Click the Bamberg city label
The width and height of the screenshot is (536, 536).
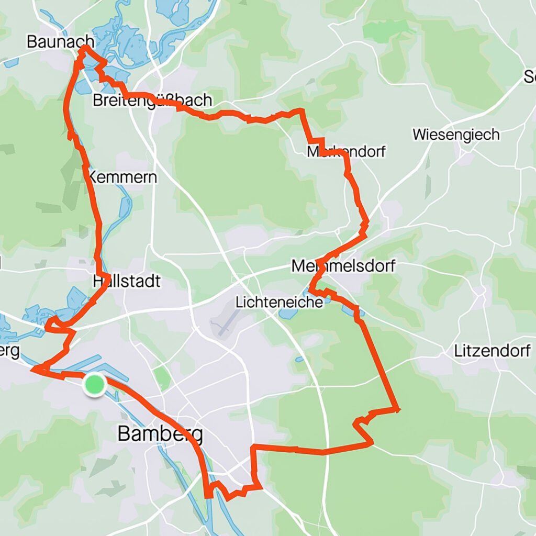pyautogui.click(x=160, y=434)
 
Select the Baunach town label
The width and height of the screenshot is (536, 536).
pyautogui.click(x=60, y=42)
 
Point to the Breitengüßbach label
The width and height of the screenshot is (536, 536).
pyautogui.click(x=152, y=100)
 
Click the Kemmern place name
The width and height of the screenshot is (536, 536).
pyautogui.click(x=122, y=177)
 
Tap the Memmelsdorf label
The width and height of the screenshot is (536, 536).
pyautogui.click(x=343, y=266)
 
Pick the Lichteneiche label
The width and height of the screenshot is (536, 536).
pyautogui.click(x=279, y=302)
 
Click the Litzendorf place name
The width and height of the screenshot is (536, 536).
pyautogui.click(x=492, y=350)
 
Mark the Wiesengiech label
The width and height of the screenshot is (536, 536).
pyautogui.click(x=456, y=135)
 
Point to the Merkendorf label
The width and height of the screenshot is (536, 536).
pyautogui.click(x=346, y=152)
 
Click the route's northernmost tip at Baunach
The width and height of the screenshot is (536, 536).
pyautogui.click(x=84, y=48)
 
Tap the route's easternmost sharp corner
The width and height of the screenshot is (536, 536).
pyautogui.click(x=398, y=409)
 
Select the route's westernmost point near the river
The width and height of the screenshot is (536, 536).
pyautogui.click(x=33, y=370)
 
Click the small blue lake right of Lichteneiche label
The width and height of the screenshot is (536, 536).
pyautogui.click(x=288, y=314)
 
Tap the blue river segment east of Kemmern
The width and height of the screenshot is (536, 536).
pyautogui.click(x=124, y=207)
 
